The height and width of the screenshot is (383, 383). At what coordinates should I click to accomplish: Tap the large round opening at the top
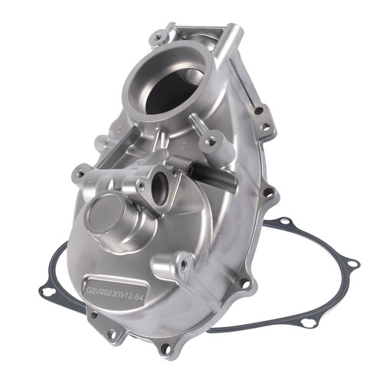(x=169, y=81)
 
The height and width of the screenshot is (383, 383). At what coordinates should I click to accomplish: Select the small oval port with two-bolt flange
(x=160, y=186)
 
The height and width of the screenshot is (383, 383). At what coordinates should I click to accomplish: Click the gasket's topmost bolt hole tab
(x=286, y=221)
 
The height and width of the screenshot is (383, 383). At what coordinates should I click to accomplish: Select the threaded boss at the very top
(x=159, y=38)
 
